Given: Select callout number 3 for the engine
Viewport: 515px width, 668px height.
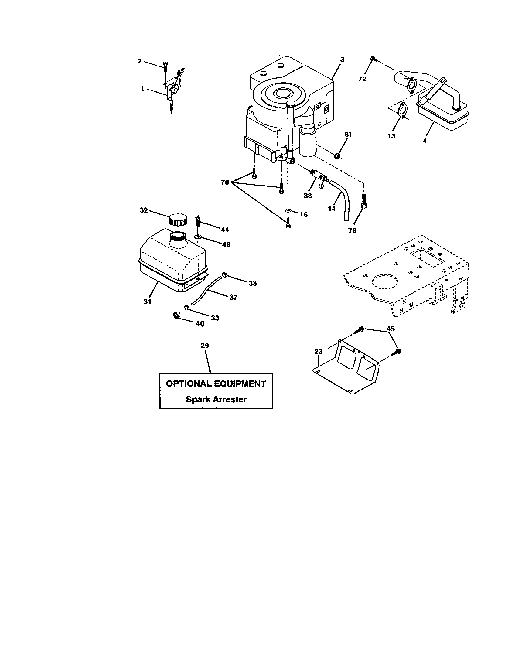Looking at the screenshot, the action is pyautogui.click(x=342, y=60).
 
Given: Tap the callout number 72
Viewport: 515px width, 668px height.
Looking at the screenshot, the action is pyautogui.click(x=362, y=79).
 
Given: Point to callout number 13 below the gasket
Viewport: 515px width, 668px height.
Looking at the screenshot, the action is pyautogui.click(x=391, y=136).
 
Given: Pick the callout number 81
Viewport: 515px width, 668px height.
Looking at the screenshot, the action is pyautogui.click(x=348, y=134).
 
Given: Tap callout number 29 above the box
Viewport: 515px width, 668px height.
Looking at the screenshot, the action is pyautogui.click(x=205, y=346).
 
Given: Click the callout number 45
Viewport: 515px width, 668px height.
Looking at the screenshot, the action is pyautogui.click(x=391, y=329).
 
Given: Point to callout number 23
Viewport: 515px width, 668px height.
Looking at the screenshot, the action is pyautogui.click(x=318, y=352).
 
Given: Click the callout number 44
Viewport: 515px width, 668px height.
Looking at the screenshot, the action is pyautogui.click(x=225, y=229).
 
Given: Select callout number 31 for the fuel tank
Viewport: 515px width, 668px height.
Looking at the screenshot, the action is pyautogui.click(x=147, y=302).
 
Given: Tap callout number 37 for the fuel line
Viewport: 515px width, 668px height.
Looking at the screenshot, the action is pyautogui.click(x=233, y=297).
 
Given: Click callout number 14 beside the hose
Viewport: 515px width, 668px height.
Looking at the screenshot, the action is pyautogui.click(x=332, y=209).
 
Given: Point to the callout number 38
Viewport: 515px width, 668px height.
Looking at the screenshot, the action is pyautogui.click(x=308, y=196).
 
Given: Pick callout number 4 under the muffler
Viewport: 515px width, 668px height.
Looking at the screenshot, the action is pyautogui.click(x=425, y=141).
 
